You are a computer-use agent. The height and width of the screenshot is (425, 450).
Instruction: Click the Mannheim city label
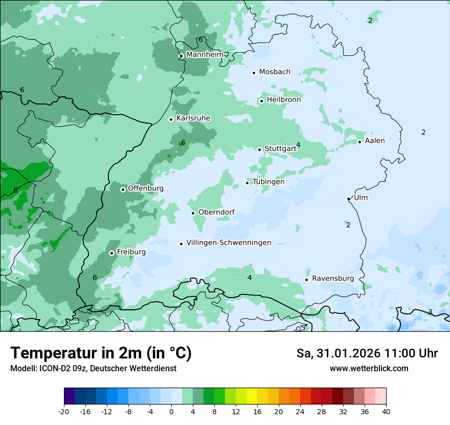(204, 54)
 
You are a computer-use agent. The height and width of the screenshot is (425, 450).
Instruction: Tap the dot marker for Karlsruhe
(171, 119)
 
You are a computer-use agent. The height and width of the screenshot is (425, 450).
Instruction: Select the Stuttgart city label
(280, 148)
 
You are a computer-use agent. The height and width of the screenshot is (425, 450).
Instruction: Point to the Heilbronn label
(283, 99)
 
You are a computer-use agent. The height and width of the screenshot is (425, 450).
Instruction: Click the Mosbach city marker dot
(254, 73)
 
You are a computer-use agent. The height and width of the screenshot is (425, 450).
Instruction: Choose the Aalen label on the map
(375, 140)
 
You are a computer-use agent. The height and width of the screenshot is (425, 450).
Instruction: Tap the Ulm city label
(361, 198)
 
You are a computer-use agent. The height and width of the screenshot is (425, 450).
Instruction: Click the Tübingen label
(268, 181)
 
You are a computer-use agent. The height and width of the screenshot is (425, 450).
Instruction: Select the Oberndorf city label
(216, 212)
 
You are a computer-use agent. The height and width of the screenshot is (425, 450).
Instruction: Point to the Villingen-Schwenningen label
(229, 242)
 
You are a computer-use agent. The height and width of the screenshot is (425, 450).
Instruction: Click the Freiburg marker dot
(111, 253)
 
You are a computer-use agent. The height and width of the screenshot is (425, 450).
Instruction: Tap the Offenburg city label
(145, 188)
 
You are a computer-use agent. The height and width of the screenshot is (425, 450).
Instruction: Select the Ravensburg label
(332, 278)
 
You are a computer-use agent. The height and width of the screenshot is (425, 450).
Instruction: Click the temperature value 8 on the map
(15, 190)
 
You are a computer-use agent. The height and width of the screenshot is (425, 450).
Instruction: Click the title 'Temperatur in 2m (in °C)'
(101, 353)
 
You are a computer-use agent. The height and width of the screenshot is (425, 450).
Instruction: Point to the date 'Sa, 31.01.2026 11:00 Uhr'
(367, 353)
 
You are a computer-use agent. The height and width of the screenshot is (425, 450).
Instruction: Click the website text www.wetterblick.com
(369, 368)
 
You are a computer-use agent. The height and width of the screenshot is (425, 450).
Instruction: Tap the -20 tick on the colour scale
(64, 412)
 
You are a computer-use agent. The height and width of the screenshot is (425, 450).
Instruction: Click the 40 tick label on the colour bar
(386, 412)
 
